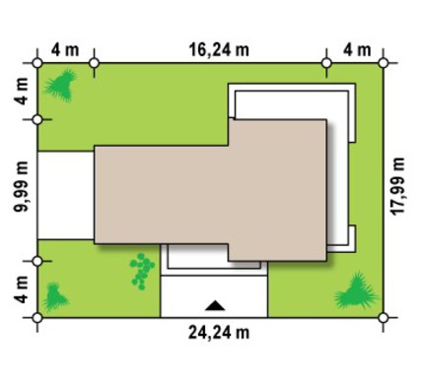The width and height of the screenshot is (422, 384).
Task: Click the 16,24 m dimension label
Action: click(219, 50)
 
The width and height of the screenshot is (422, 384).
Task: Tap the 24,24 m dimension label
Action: click(219, 333)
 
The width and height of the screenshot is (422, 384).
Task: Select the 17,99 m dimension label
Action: click(397, 186)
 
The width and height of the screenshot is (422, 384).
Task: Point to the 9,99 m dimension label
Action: click(22, 187)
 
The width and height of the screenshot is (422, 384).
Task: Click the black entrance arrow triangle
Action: click(215, 305)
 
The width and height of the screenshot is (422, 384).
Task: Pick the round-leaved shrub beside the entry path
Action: click(142, 271)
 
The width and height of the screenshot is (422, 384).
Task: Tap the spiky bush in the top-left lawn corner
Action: click(61, 85)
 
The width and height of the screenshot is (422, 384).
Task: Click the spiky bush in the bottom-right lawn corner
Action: click(357, 291)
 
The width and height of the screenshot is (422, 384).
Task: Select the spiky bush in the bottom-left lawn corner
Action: click(55, 297)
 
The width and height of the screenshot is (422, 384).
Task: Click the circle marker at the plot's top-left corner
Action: click(37, 63)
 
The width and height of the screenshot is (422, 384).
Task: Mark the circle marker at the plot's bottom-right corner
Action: click(384, 318)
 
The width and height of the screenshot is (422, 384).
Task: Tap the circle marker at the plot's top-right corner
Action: click(384, 63)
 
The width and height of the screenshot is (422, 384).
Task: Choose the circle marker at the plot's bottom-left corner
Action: click(37, 318)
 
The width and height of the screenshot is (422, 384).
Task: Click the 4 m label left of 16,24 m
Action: click(65, 50)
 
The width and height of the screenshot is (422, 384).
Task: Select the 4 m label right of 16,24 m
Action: click(357, 50)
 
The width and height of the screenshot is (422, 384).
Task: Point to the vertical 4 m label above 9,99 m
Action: click(22, 92)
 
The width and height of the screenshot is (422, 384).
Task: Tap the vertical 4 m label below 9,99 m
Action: click(22, 289)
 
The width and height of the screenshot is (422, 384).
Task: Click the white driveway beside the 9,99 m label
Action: click(66, 195)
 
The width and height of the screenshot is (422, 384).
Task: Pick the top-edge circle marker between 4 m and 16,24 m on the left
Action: click(95, 63)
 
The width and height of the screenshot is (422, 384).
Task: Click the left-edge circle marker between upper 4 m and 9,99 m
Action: click(37, 120)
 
